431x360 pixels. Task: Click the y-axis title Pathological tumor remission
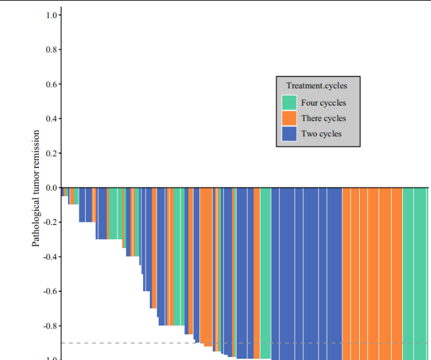tap(36, 187)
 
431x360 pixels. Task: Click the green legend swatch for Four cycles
tap(289, 102)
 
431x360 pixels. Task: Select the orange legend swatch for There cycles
tap(289, 118)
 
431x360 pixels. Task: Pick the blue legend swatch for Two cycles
tap(289, 134)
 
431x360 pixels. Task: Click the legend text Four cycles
tap(323, 103)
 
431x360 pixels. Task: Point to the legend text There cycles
tap(323, 118)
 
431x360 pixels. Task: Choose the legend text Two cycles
tap(321, 134)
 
